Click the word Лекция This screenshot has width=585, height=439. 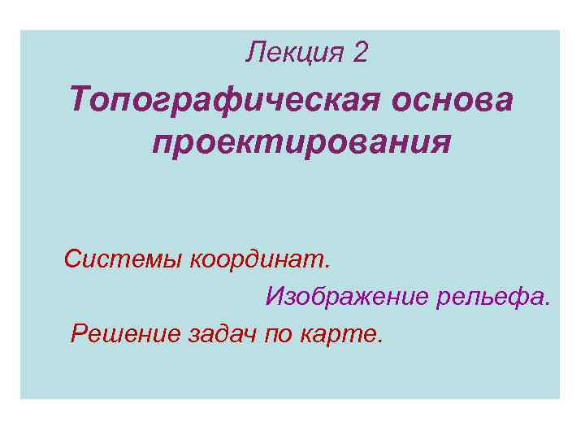pyautogui.click(x=295, y=53)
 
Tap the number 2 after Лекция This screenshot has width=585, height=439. pyautogui.click(x=361, y=53)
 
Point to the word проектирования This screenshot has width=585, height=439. pyautogui.click(x=301, y=142)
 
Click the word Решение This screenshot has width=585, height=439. pyautogui.click(x=123, y=333)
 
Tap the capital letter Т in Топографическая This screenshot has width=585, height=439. pyautogui.click(x=80, y=102)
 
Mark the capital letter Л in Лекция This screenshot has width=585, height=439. pyautogui.click(x=254, y=53)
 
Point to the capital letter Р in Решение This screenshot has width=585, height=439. pyautogui.click(x=80, y=333)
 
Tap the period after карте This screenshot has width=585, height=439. pyautogui.click(x=378, y=341)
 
